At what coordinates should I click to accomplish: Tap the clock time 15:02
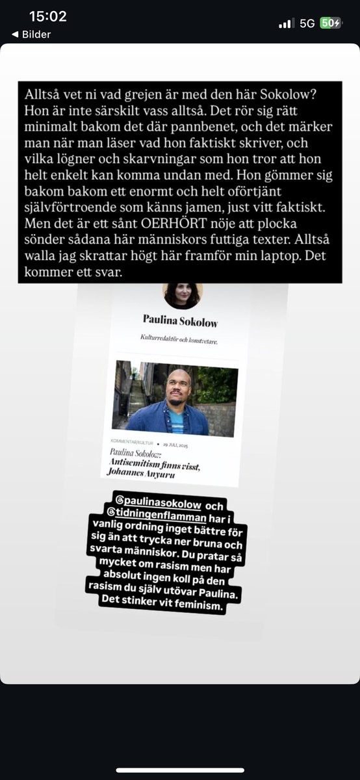tap(48, 16)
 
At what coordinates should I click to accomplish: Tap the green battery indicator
tap(330, 23)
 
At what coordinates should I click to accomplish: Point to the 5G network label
tap(307, 23)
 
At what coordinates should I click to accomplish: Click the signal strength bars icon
tap(286, 23)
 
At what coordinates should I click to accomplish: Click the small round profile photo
tap(183, 296)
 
